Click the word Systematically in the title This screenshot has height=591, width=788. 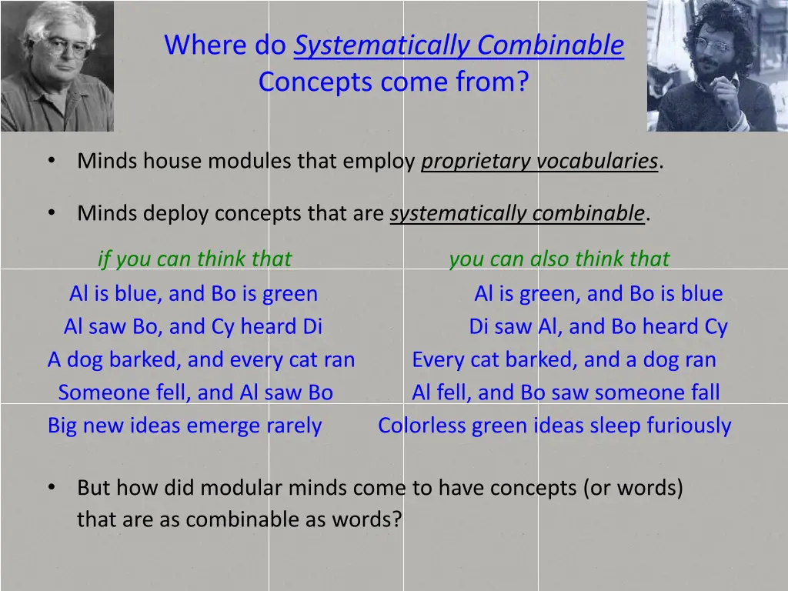pos(382,45)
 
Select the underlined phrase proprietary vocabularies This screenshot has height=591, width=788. pos(539,161)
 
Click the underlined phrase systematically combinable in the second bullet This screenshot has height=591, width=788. pos(517,213)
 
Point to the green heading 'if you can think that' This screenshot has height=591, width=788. pos(195,259)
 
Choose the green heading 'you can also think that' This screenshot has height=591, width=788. pos(559,259)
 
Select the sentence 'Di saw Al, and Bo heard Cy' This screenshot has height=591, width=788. pos(598,326)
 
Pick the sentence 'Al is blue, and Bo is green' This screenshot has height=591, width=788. pos(193,293)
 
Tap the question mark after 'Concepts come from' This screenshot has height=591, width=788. pos(523,82)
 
